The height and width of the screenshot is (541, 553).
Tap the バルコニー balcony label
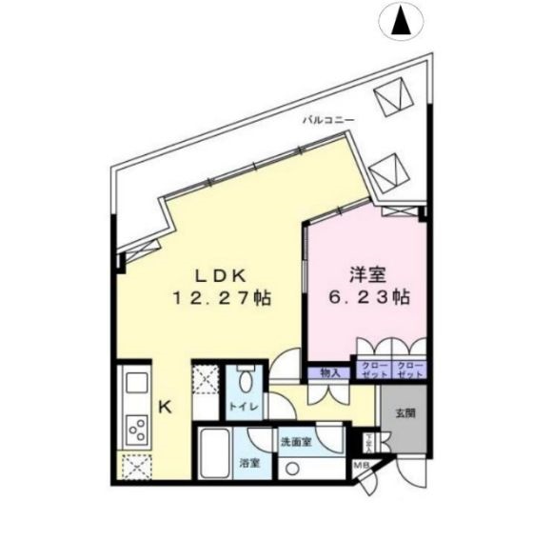pyautogui.click(x=328, y=120)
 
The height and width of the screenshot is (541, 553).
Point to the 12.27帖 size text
pyautogui.click(x=222, y=298)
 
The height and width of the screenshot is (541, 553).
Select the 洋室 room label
pyautogui.click(x=365, y=274)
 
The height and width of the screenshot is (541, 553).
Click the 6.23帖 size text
pyautogui.click(x=365, y=298)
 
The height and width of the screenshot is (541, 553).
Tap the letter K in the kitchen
pyautogui.click(x=165, y=408)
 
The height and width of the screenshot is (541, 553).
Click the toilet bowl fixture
pyautogui.click(x=244, y=384)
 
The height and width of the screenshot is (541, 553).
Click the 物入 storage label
pyautogui.click(x=329, y=371)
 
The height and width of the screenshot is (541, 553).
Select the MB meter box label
pyautogui.click(x=362, y=466)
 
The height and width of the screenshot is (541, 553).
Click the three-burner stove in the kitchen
pyautogui.click(x=136, y=429)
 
